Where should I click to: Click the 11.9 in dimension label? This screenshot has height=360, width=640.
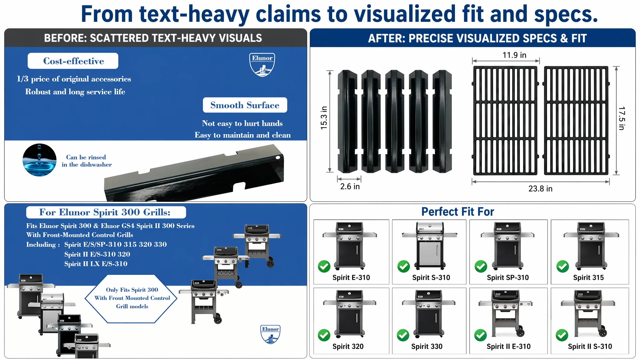[x=514, y=55]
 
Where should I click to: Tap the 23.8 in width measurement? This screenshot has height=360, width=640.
[x=540, y=188]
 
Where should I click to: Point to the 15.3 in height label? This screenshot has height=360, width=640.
[x=324, y=118]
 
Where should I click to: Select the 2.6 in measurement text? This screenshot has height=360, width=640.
[x=350, y=187]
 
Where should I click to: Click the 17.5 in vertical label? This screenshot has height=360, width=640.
[x=622, y=118]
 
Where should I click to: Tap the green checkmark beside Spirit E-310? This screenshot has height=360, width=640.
[x=324, y=267]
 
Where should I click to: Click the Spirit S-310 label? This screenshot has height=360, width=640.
[x=431, y=277]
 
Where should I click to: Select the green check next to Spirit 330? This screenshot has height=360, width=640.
[x=403, y=335]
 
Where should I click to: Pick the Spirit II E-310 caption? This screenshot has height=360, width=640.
[x=508, y=346]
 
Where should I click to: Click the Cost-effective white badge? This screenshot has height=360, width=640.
[x=73, y=61]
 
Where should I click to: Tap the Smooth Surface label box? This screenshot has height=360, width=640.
[x=245, y=105]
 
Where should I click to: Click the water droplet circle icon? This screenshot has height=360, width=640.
[x=40, y=160]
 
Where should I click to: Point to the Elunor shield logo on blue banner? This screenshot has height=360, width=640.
[x=262, y=65]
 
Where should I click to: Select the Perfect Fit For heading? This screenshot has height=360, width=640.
[x=457, y=212]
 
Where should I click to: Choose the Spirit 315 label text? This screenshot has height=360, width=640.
[x=588, y=277]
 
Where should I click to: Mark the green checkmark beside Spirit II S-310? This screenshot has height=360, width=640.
[x=562, y=335]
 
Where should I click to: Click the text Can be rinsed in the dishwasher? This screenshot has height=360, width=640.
[x=87, y=161]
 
